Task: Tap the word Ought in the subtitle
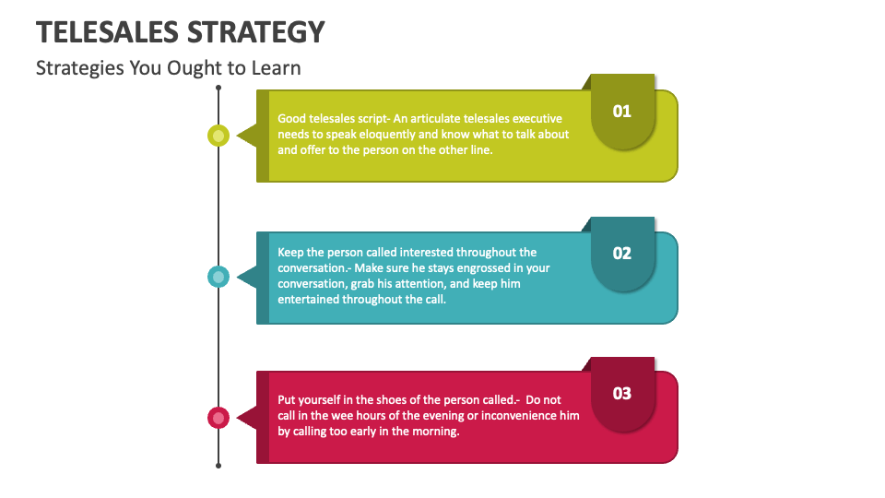coord(193,68)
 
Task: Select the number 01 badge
coord(622,112)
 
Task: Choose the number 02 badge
coord(622,253)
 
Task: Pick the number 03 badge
coord(622,394)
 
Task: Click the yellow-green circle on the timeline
coord(218,136)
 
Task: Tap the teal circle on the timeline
coord(218,277)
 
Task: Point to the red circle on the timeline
coord(218,418)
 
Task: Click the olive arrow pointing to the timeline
coord(246,136)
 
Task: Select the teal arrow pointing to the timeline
coord(246,277)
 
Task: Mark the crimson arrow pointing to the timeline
coord(246,418)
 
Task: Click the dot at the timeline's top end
coord(218,89)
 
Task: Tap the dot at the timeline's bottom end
coord(218,466)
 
